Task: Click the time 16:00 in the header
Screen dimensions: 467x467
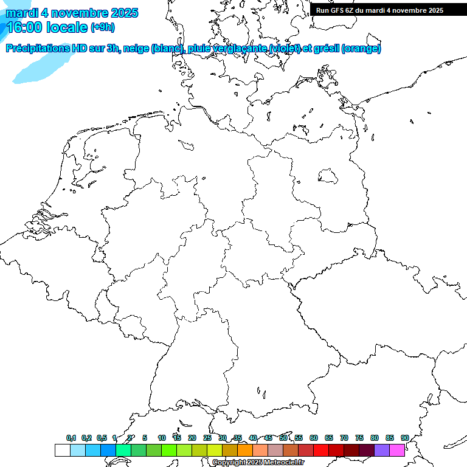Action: tap(26, 27)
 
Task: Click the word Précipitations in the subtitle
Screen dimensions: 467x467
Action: tap(36, 49)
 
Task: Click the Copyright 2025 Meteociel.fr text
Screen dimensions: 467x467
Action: tap(258, 462)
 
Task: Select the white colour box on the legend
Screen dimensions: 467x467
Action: tap(62, 451)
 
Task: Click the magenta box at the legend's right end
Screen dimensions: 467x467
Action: tap(397, 451)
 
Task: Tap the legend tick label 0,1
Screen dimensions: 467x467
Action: tap(71, 438)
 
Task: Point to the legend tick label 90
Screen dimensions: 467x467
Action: tap(404, 438)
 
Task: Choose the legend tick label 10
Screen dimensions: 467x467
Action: tap(161, 438)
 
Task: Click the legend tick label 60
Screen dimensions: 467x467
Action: tap(314, 438)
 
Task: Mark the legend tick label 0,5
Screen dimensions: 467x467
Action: tap(102, 438)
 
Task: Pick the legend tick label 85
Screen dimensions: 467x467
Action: tap(389, 438)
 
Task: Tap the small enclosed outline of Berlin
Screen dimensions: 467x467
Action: tap(328, 176)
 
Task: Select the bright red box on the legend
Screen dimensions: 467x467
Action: tap(321, 451)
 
